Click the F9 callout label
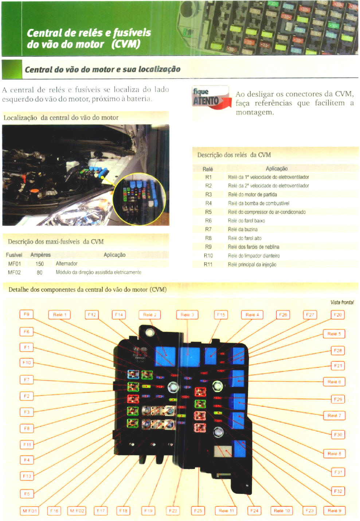pyautogui.click(x=26, y=314)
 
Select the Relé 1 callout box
pyautogui.click(x=59, y=315)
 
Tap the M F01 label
pyautogui.click(x=30, y=511)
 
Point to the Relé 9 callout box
pyautogui.click(x=334, y=511)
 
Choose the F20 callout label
pyautogui.click(x=338, y=315)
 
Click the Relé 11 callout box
pyautogui.click(x=226, y=511)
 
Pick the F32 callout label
pyautogui.click(x=338, y=491)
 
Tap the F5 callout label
pyautogui.click(x=27, y=494)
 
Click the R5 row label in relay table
pyautogui.click(x=208, y=212)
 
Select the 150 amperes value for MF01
pyautogui.click(x=39, y=264)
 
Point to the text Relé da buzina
pyautogui.click(x=243, y=229)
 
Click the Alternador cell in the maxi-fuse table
pyautogui.click(x=66, y=264)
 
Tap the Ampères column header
pyautogui.click(x=40, y=255)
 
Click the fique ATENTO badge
pyautogui.click(x=211, y=97)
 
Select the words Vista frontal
pyautogui.click(x=342, y=302)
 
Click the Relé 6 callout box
pyautogui.click(x=334, y=382)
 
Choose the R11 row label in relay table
pyautogui.click(x=208, y=264)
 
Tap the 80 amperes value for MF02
pyautogui.click(x=39, y=272)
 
